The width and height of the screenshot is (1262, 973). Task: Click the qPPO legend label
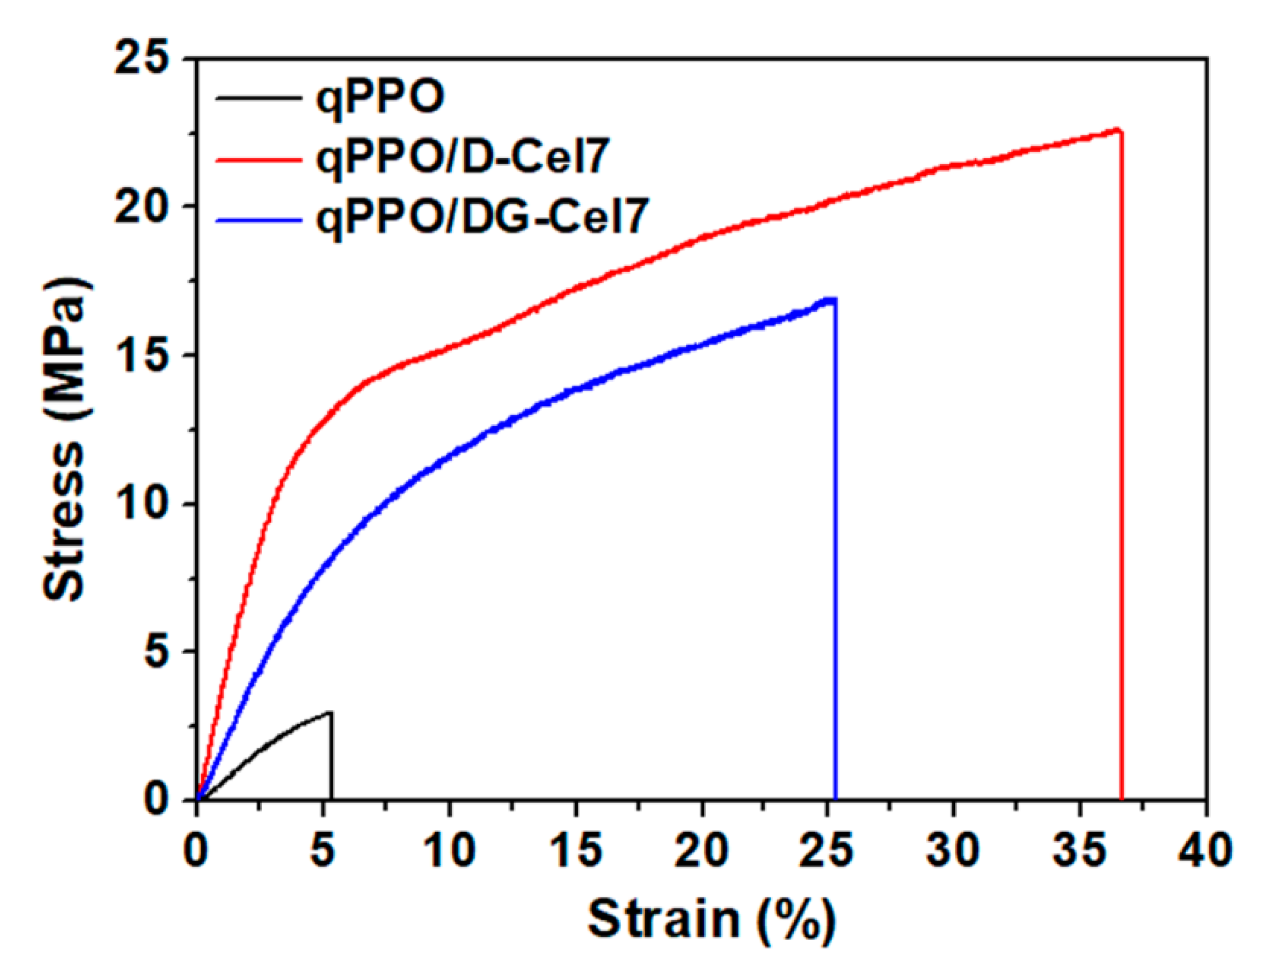pos(379,98)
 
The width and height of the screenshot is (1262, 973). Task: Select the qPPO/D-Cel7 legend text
pos(462,158)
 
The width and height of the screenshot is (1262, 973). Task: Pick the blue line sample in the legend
pos(259,220)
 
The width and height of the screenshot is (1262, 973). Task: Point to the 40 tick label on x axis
pos(1205,851)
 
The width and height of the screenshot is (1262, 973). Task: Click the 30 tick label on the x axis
pos(953,851)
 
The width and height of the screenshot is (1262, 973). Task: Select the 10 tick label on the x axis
pos(449,851)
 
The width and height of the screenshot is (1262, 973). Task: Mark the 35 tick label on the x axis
pos(1079,851)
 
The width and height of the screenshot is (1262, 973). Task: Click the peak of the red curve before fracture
pos(1118,130)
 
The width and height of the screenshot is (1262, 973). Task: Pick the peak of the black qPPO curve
pos(329,712)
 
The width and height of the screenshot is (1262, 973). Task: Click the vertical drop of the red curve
pos(1121,462)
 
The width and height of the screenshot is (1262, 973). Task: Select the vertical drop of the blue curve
pos(835,549)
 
